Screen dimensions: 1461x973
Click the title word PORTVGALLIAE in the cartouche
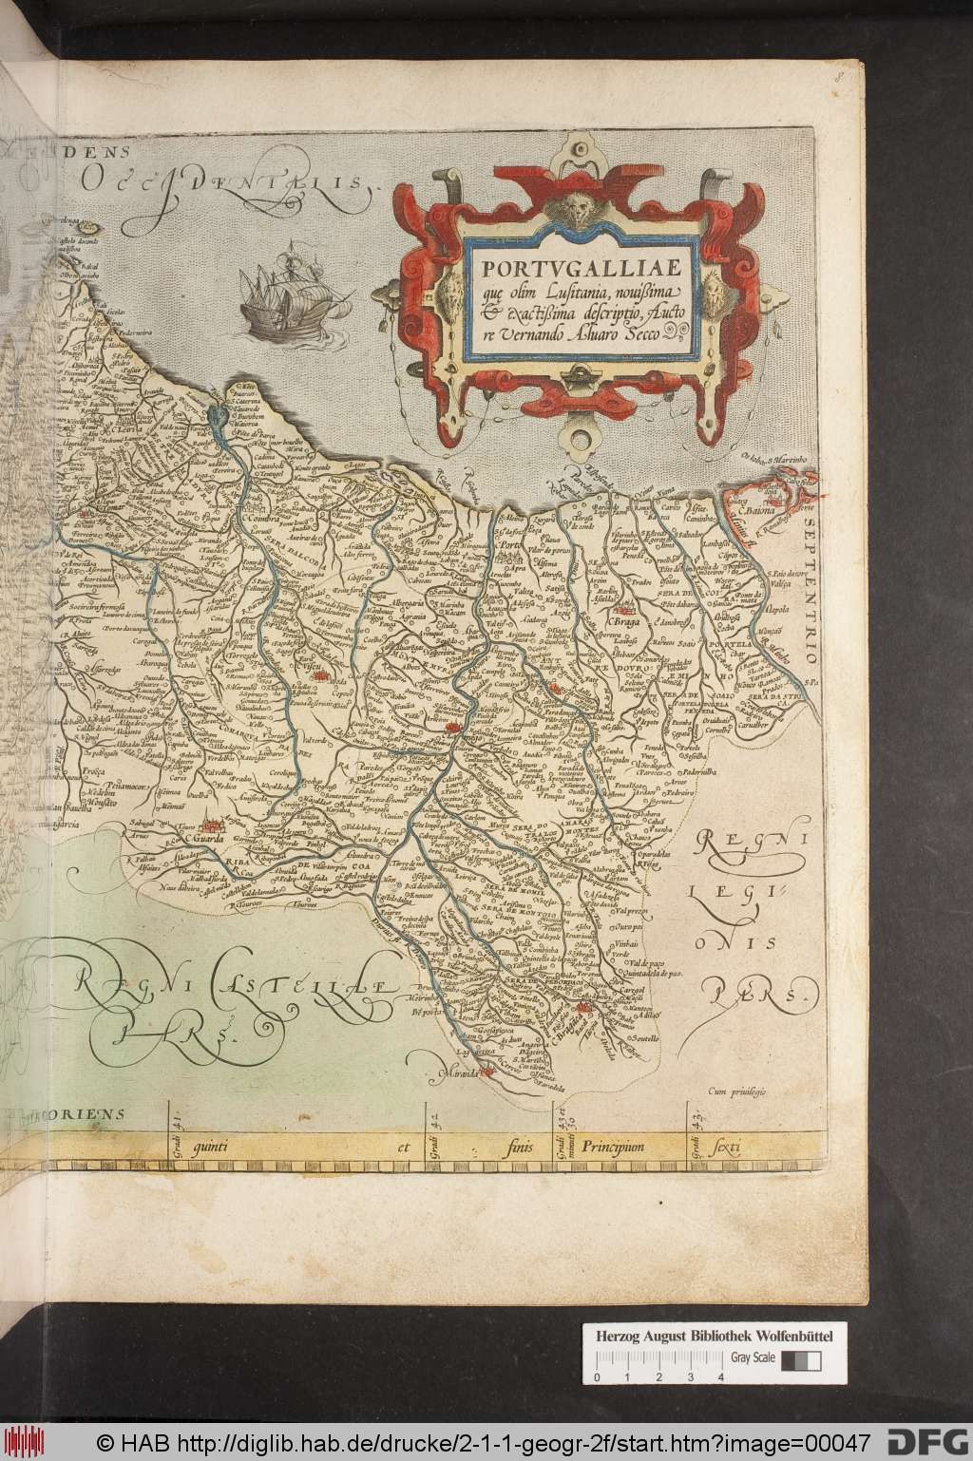[581, 260]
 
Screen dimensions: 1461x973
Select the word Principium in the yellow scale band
[616, 1148]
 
